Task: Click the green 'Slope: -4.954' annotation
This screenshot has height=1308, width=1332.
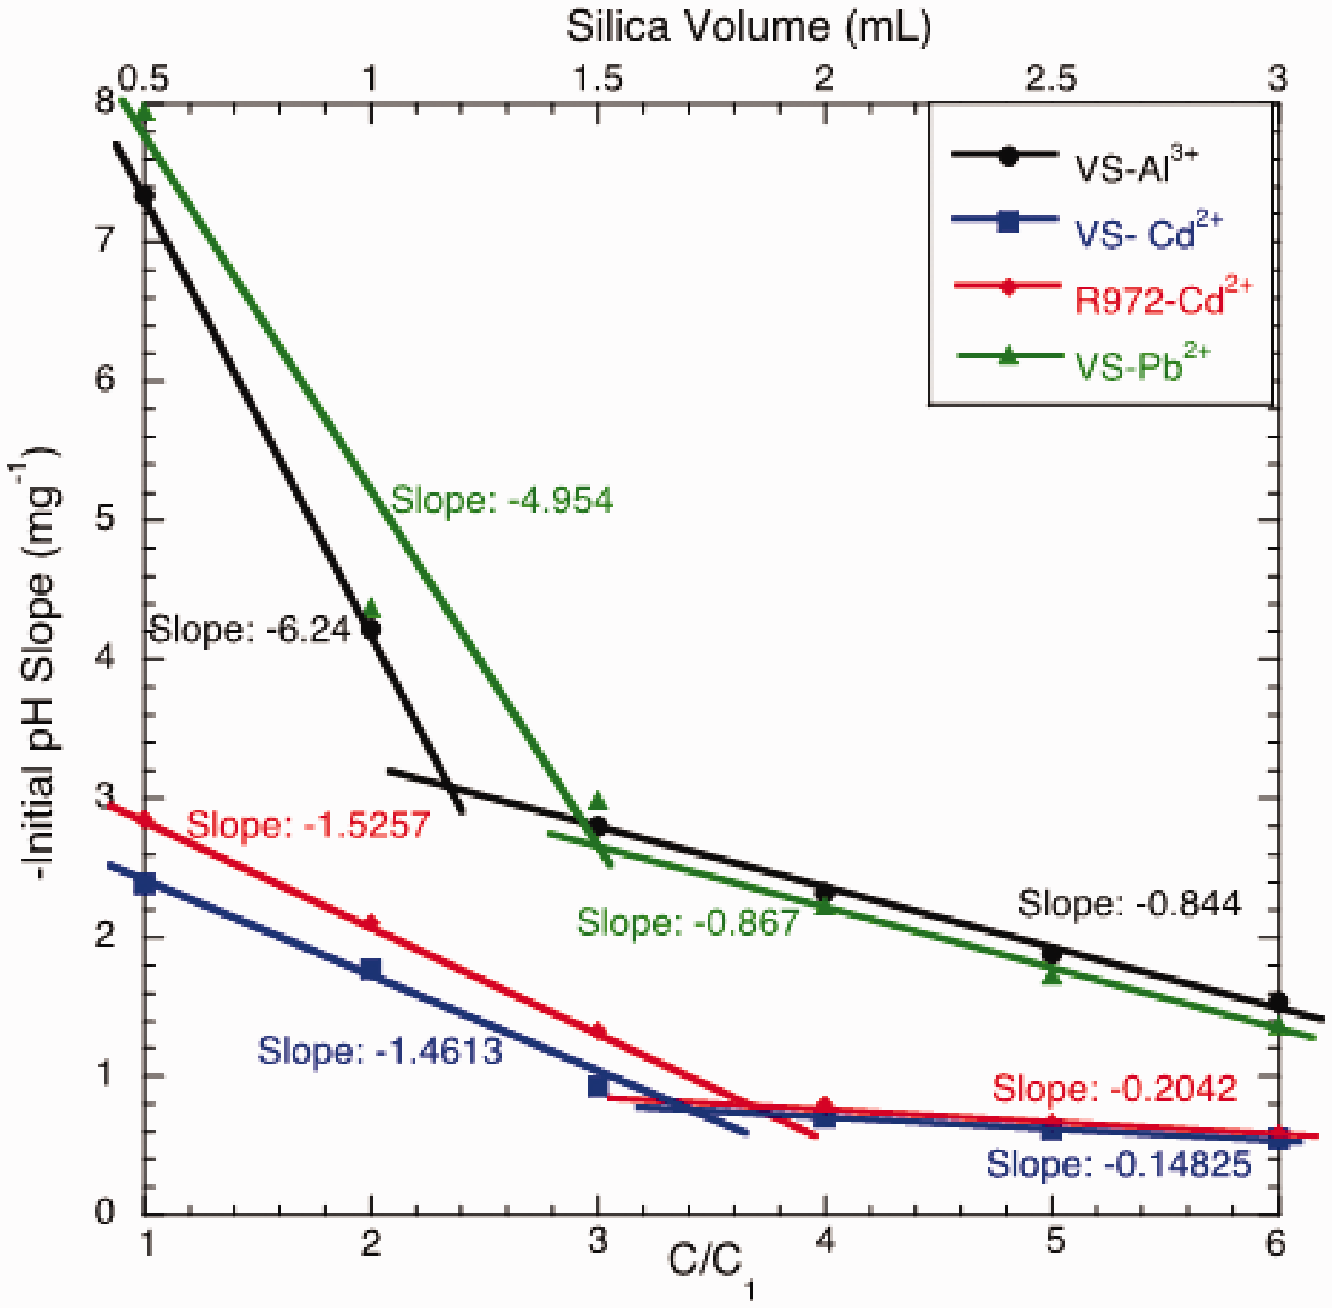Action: pos(501,500)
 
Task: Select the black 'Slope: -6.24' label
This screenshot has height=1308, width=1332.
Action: pos(249,629)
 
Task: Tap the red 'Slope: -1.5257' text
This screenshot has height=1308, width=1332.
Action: pos(308,824)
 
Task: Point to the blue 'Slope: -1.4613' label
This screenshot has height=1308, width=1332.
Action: pos(379,1051)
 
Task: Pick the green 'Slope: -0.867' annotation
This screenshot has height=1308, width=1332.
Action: pos(687,922)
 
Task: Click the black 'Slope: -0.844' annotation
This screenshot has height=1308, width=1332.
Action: pos(1130,903)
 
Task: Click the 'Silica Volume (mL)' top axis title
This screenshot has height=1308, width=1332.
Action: pos(748,28)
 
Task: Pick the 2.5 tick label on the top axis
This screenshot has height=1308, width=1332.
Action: pos(1051,79)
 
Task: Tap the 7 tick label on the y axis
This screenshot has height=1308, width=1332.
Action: pos(105,240)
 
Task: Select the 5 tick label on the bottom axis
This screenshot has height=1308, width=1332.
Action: pos(1052,1242)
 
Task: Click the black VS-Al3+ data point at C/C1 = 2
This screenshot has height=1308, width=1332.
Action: pos(371,628)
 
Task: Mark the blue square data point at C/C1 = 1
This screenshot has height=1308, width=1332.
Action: pos(144,884)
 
